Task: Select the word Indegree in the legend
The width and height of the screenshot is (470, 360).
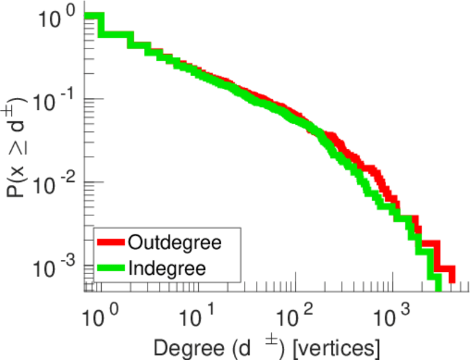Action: pyautogui.click(x=167, y=268)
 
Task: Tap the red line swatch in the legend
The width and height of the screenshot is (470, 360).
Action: pyautogui.click(x=110, y=242)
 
